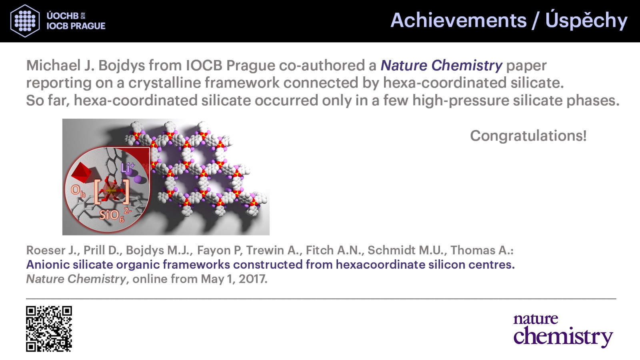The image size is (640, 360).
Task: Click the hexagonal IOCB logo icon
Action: click(25, 21)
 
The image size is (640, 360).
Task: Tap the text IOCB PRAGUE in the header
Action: click(76, 26)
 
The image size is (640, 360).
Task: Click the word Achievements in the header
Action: click(458, 20)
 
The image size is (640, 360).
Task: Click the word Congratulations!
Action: click(528, 136)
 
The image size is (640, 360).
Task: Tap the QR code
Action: click(49, 329)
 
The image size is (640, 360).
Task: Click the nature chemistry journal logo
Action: click(563, 330)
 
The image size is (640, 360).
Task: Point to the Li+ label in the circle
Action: click(128, 168)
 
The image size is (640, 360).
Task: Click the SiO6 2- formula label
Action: click(115, 215)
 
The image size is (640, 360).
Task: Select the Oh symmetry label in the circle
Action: click(78, 191)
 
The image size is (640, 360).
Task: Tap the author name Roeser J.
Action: click(52, 250)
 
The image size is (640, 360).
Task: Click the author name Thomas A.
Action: click(482, 250)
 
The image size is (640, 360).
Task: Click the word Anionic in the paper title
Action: click(48, 264)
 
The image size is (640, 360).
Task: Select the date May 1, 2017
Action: click(234, 279)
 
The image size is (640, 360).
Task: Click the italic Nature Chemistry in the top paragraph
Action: click(441, 66)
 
